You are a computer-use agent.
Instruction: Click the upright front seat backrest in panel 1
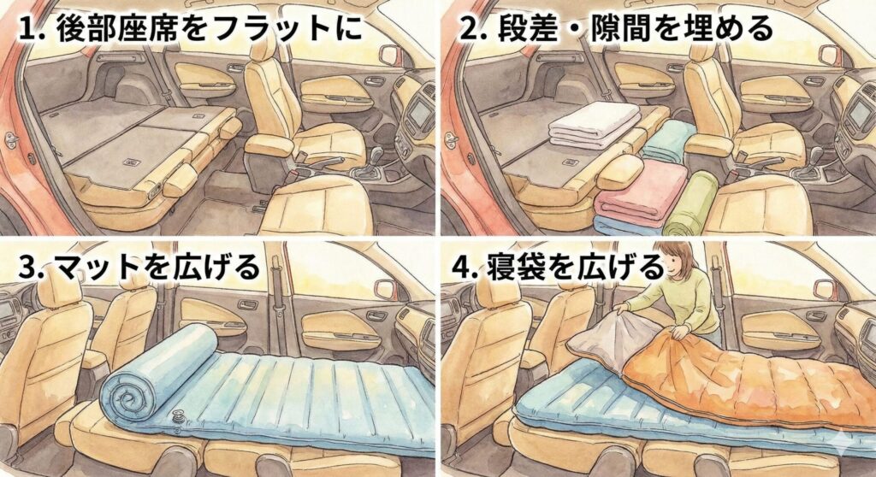coord(267,94)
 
